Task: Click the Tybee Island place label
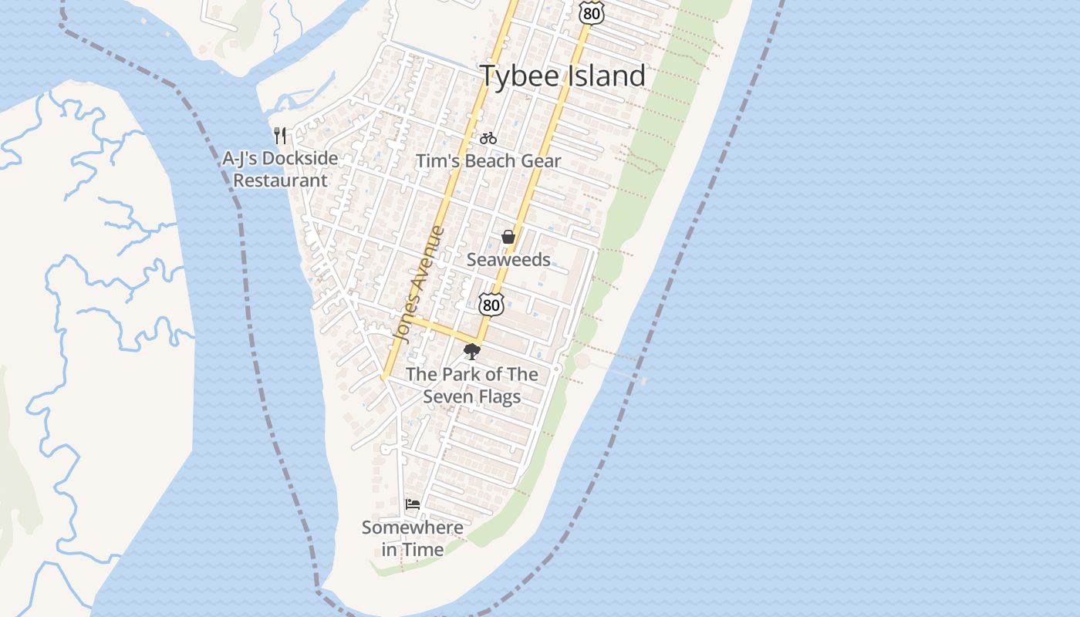(562, 76)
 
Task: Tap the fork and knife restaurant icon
(281, 136)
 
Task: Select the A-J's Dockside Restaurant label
(280, 170)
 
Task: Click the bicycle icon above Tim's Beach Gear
(488, 139)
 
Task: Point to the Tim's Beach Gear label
(488, 161)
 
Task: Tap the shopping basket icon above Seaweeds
(508, 237)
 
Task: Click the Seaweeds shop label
(508, 260)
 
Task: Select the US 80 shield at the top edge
(591, 12)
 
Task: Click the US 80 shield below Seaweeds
(491, 305)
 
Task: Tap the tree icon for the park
(471, 352)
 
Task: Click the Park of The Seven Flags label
(471, 386)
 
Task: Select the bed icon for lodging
(413, 504)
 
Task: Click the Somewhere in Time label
(413, 538)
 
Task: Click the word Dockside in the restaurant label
(300, 159)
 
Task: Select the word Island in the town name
(605, 76)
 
